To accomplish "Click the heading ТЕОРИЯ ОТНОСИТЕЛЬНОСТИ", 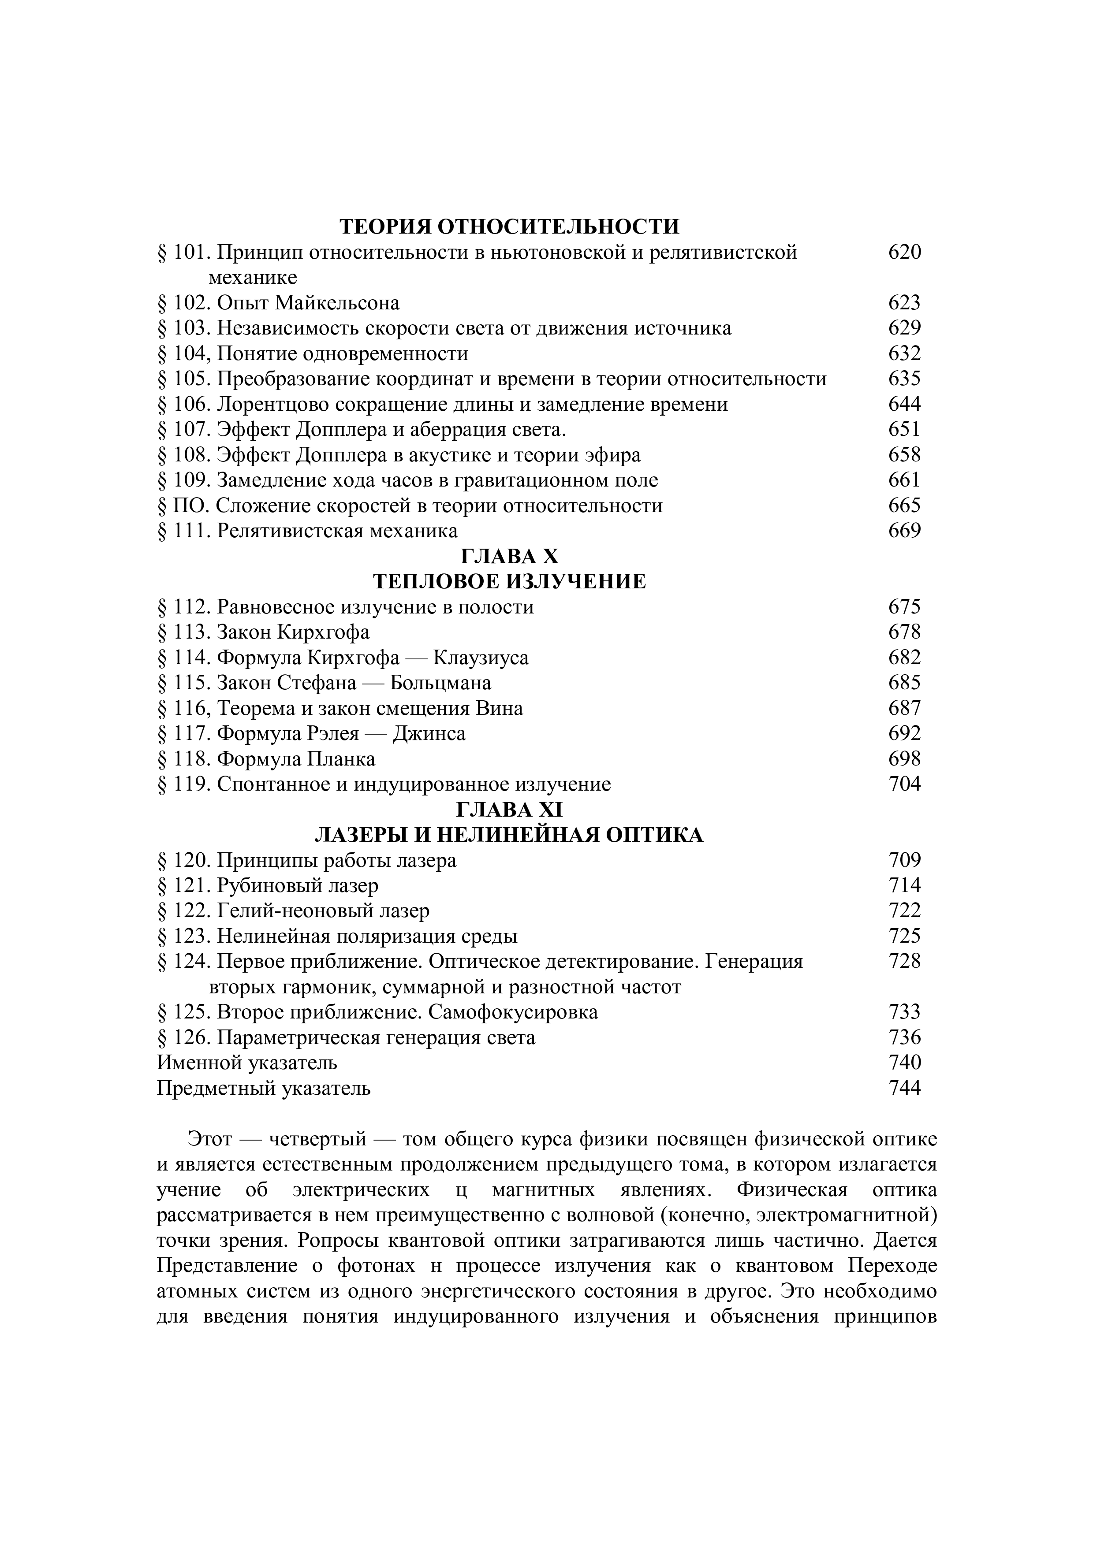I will pos(509,226).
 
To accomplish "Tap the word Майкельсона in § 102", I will pos(337,303).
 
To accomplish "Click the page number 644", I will pos(904,404).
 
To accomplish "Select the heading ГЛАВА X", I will pos(509,556).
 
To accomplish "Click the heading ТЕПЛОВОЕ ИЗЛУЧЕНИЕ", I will pos(509,581).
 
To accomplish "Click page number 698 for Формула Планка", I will pos(904,759).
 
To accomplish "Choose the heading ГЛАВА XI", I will pos(509,810).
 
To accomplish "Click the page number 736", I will pos(904,1037).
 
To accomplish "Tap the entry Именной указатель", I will pos(247,1063).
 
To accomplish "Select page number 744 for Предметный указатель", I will pos(904,1088).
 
